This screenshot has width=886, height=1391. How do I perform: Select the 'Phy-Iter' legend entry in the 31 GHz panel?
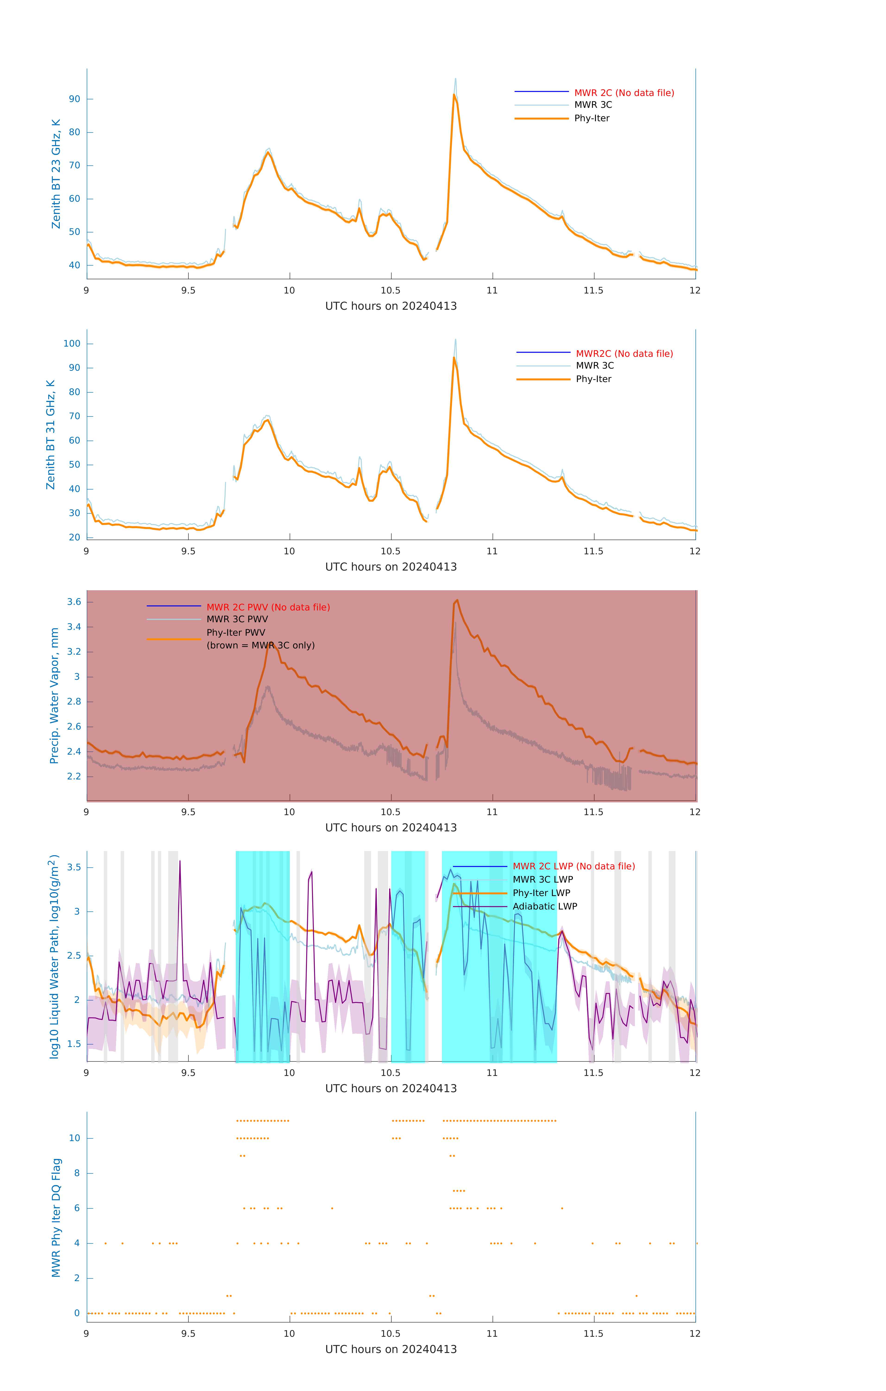click(x=593, y=379)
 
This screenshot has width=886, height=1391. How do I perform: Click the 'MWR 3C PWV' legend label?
click(x=237, y=619)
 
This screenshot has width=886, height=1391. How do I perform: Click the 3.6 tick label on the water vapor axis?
click(x=74, y=602)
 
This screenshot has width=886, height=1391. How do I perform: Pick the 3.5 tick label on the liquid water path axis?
click(x=74, y=868)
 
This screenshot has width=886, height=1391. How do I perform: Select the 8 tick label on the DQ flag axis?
click(x=77, y=1173)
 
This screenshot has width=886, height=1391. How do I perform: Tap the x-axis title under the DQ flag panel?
click(x=391, y=1350)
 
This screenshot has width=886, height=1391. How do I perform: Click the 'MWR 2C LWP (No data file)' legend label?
click(x=574, y=867)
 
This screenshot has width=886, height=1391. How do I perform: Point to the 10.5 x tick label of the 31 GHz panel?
click(x=391, y=551)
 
